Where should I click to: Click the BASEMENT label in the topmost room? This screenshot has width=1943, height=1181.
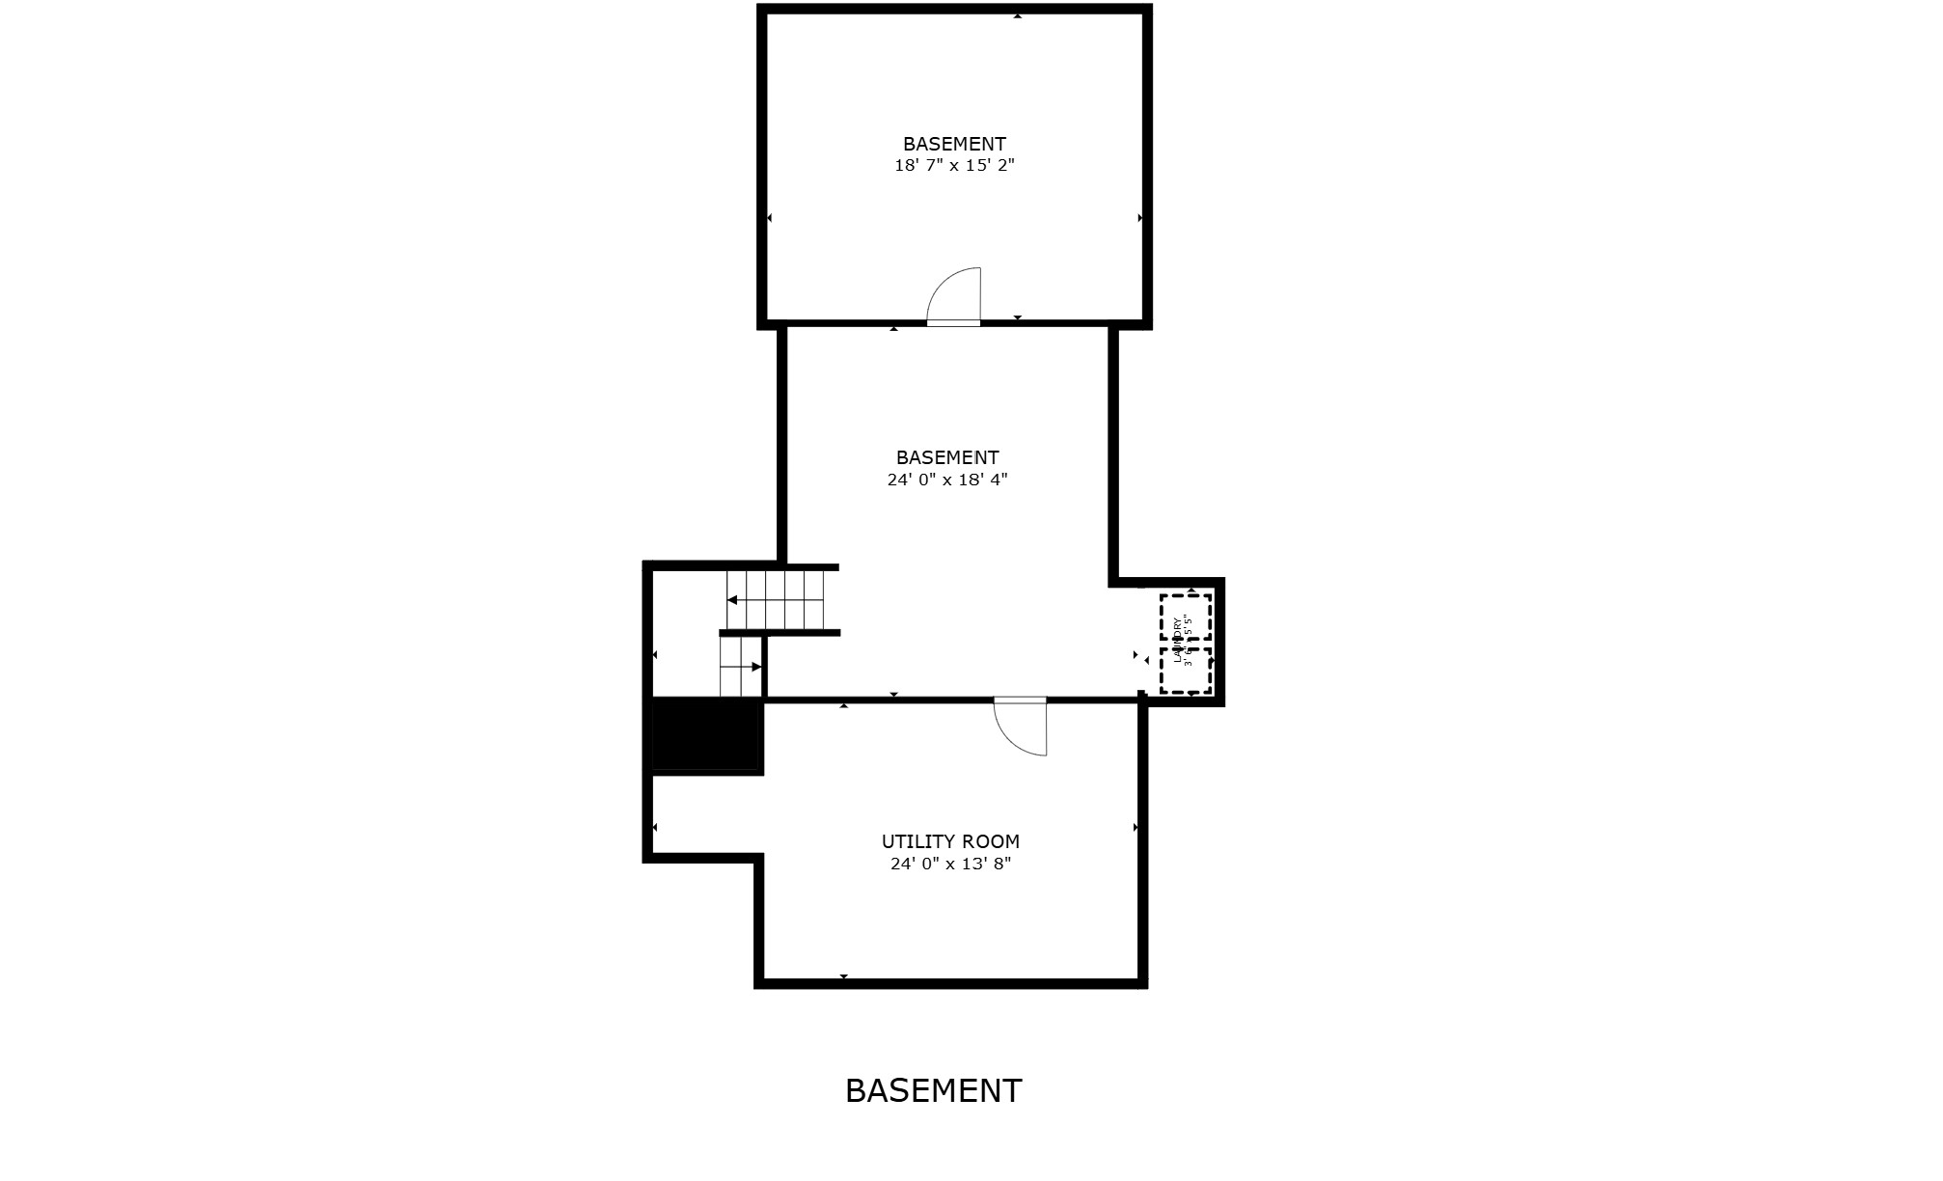[x=954, y=144]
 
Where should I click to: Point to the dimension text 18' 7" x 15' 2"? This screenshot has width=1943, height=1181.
[x=954, y=165]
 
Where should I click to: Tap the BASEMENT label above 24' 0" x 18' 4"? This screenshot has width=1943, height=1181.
[x=947, y=457]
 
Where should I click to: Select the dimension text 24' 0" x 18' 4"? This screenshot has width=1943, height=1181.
[x=947, y=480]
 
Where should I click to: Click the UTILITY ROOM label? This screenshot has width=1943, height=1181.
[x=950, y=841]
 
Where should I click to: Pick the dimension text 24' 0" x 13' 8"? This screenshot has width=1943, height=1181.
[x=950, y=864]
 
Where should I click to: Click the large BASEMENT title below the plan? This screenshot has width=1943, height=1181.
[x=933, y=1090]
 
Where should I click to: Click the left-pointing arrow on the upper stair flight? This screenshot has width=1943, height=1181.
[x=732, y=600]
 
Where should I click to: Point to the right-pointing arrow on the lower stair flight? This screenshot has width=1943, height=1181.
[x=757, y=667]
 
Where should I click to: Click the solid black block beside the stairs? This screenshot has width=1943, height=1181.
[x=708, y=735]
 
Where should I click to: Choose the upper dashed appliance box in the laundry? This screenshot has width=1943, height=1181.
[x=1185, y=617]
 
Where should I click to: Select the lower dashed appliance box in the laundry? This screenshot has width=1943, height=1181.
[x=1185, y=671]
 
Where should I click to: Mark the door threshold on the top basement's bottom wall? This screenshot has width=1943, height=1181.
[x=953, y=323]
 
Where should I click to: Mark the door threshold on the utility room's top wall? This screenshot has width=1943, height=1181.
[x=1020, y=700]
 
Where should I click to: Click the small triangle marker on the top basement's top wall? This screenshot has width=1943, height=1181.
[x=1018, y=15]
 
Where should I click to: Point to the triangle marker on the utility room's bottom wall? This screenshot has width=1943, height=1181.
[x=844, y=977]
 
